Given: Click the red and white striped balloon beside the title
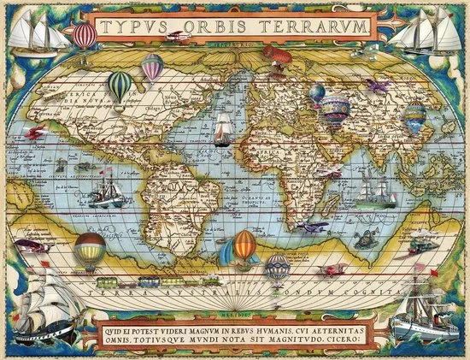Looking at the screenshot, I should coord(84,35).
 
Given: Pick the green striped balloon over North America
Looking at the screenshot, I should coord(120,84).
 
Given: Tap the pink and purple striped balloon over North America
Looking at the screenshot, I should coord(152,65).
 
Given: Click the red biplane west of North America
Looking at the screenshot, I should coord(34,133).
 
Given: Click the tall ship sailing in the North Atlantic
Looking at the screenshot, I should coord(221,127).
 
